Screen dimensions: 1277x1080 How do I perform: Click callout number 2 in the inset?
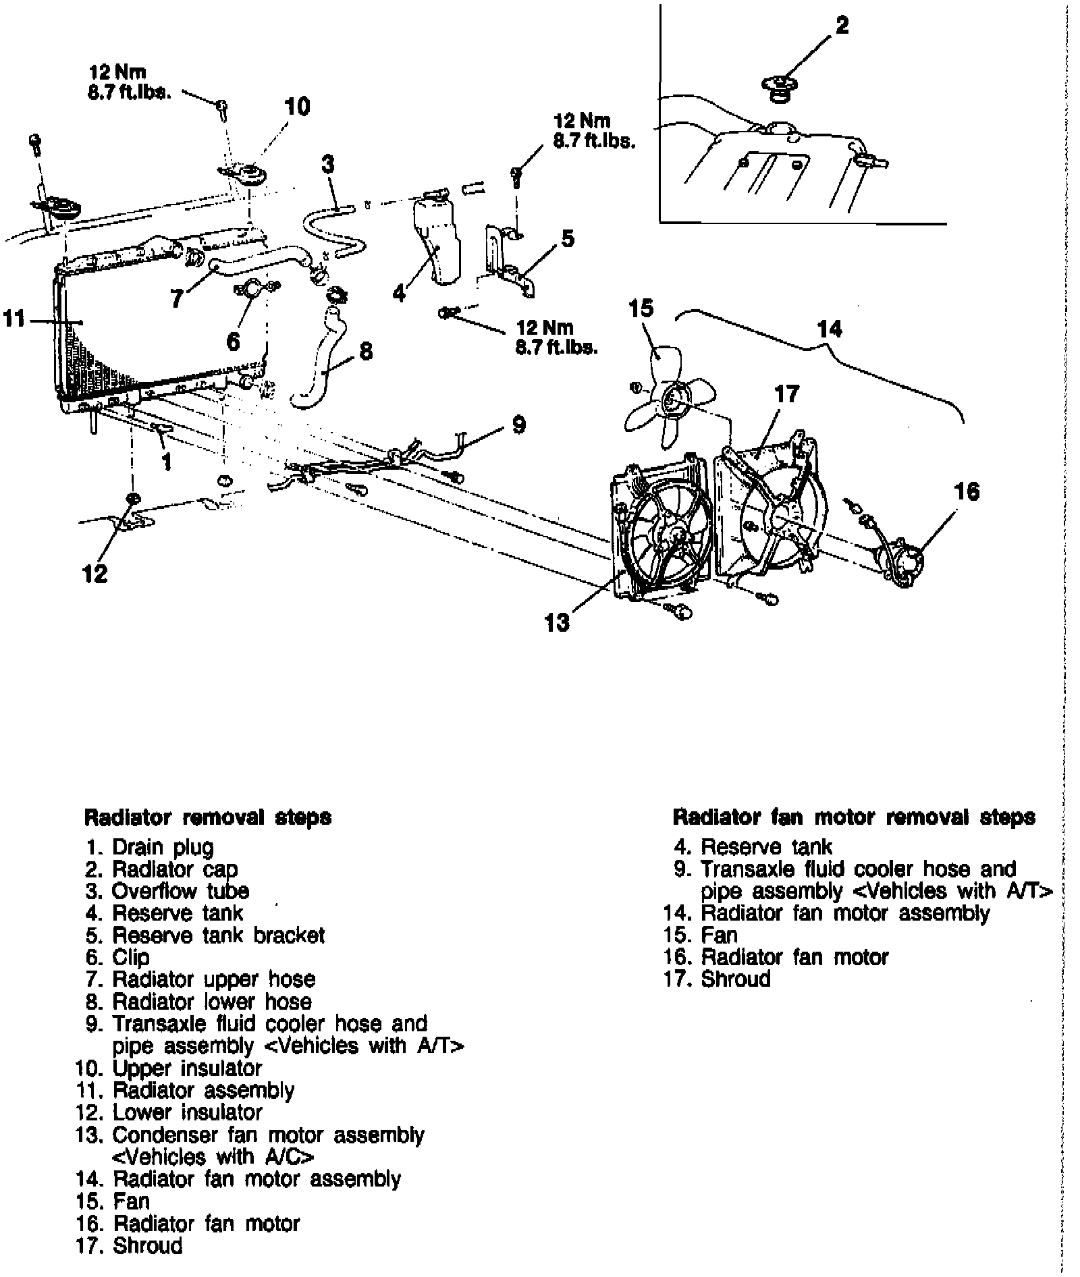coord(842,26)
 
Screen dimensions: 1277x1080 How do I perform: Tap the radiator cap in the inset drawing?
coord(780,88)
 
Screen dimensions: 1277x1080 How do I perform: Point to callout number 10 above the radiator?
coord(297,107)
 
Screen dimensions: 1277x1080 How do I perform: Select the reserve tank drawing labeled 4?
coord(436,236)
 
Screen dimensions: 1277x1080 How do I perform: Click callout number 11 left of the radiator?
coord(14,318)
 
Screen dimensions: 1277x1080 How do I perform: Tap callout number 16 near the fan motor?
coord(967,491)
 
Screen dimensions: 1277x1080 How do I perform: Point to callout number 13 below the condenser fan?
coord(557,622)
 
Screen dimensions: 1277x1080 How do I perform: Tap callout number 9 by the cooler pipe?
coord(518,425)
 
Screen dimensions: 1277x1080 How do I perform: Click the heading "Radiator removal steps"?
coord(207,817)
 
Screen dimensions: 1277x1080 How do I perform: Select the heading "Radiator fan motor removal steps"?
coord(854,817)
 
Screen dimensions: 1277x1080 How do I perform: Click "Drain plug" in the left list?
coord(163,847)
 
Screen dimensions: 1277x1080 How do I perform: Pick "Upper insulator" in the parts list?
coord(187,1068)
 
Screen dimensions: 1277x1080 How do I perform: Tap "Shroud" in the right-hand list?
coord(736,979)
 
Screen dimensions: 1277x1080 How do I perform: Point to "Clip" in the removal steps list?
coord(131,957)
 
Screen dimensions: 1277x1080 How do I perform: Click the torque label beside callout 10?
coord(128,82)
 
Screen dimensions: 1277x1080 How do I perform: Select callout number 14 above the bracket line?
coord(830,329)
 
